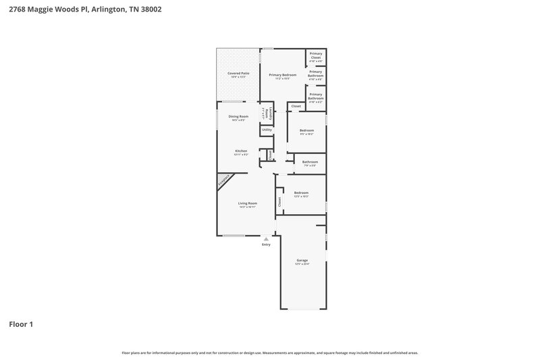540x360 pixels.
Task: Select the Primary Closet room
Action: click(315, 57)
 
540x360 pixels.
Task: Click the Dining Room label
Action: click(238, 117)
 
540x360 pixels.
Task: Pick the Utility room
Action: click(267, 130)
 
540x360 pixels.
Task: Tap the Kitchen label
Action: click(241, 151)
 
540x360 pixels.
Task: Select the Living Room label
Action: click(247, 203)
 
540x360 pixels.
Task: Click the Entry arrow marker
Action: click(266, 238)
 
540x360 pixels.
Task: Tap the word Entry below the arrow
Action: click(266, 245)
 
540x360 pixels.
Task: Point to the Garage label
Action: click(302, 260)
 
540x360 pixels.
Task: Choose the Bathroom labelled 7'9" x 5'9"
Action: click(310, 163)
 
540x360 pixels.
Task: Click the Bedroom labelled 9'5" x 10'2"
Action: click(306, 131)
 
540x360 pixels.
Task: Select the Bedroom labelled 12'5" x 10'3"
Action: click(301, 193)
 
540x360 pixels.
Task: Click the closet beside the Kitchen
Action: click(269, 155)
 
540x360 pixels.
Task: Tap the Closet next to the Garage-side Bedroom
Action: click(279, 201)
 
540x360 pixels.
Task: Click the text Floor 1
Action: click(20, 324)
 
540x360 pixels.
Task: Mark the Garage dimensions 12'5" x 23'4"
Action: click(302, 264)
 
